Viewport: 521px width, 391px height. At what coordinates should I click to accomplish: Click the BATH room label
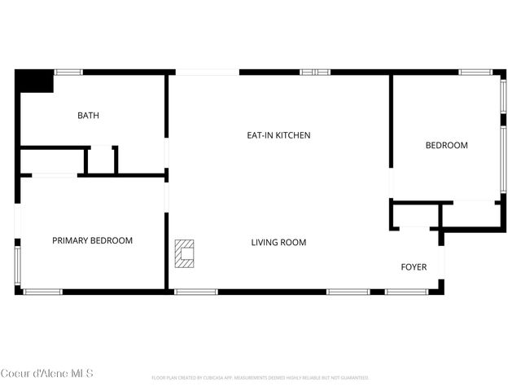88,116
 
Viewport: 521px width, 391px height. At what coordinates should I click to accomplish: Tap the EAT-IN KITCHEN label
278,135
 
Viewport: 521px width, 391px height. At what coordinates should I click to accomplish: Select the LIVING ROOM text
278,242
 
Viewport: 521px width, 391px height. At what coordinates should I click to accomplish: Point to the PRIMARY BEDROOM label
92,240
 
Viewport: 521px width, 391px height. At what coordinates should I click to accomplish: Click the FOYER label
414,267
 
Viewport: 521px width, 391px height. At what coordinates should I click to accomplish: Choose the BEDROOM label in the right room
447,146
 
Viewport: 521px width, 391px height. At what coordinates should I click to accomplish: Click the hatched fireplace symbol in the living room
186,253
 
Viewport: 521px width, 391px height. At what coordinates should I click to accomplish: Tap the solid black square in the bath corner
35,81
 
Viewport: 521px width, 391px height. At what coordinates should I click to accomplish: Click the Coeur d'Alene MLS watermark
47,374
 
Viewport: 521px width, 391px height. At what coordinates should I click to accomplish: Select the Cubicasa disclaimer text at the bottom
260,378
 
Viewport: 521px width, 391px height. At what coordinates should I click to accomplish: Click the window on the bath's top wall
68,72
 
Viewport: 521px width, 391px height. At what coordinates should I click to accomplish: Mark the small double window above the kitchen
315,72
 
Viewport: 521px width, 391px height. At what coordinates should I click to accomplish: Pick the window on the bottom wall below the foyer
406,291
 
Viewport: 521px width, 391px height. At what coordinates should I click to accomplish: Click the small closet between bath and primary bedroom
101,160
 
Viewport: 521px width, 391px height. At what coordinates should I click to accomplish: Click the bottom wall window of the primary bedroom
42,291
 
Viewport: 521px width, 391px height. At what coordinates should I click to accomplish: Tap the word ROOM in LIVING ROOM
294,242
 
